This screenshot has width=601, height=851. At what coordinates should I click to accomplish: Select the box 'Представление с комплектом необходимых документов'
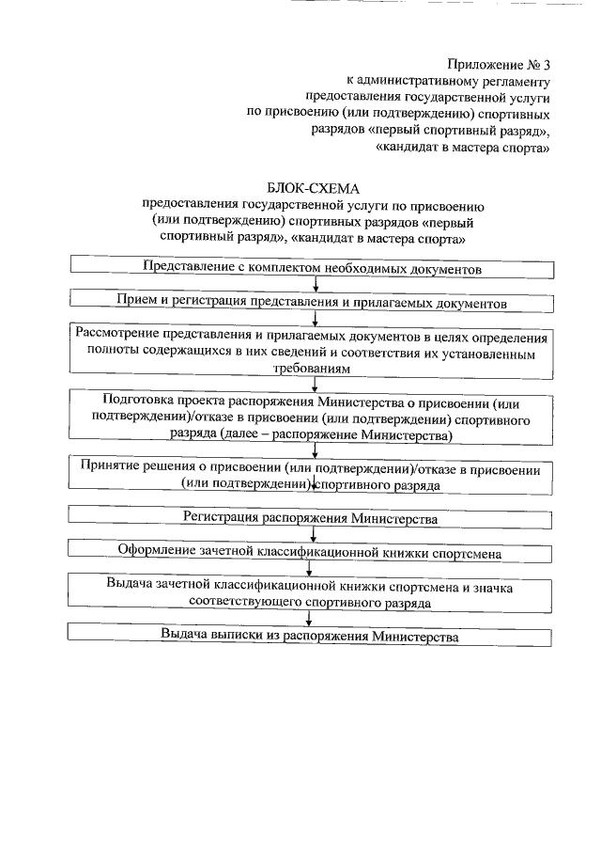[x=313, y=268]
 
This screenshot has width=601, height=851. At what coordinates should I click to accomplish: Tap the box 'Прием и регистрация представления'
[x=313, y=304]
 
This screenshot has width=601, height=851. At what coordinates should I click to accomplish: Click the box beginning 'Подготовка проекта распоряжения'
[x=313, y=418]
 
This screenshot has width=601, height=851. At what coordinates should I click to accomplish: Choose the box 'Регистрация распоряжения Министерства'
[x=313, y=517]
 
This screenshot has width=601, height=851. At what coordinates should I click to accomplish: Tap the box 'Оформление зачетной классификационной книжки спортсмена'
[x=313, y=551]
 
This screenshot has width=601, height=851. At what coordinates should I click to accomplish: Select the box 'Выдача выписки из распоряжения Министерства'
[x=313, y=637]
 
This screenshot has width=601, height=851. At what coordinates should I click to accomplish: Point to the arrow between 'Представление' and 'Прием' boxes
[x=316, y=285]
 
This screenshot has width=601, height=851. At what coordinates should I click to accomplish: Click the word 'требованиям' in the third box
[x=311, y=371]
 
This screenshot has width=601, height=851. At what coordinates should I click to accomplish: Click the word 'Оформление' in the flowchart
[x=156, y=551]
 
